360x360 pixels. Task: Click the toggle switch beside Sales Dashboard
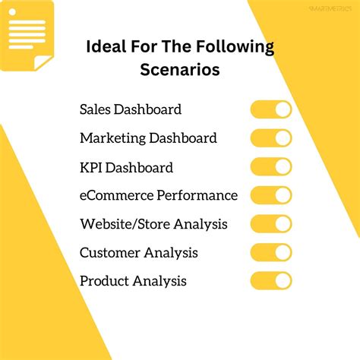tap(271, 109)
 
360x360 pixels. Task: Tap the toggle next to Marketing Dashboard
tap(271, 138)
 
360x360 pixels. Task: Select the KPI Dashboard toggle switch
tap(271, 167)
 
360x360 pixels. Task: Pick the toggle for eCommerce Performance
tap(271, 195)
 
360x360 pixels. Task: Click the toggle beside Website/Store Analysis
tap(271, 224)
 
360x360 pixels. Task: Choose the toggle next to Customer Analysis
tap(271, 252)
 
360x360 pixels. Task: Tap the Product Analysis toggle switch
tap(271, 281)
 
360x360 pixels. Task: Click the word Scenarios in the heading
tap(180, 71)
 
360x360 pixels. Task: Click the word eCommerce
tap(116, 195)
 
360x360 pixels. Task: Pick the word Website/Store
tap(125, 224)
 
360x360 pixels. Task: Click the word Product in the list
tap(104, 281)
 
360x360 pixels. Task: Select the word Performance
tap(197, 195)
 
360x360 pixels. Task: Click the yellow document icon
tap(26, 34)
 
